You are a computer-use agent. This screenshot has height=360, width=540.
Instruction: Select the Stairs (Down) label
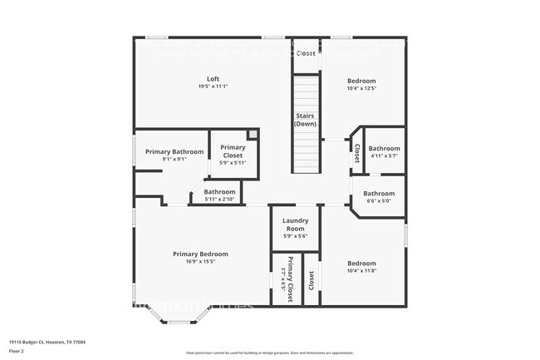pyautogui.click(x=306, y=119)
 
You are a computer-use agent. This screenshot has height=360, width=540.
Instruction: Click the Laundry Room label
pyautogui.click(x=297, y=224)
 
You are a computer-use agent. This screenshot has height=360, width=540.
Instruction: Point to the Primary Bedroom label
pyautogui.click(x=200, y=254)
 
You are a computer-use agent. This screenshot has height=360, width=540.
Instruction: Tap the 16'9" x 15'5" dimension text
pyautogui.click(x=200, y=261)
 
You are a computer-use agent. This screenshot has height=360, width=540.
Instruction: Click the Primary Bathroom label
pyautogui.click(x=174, y=151)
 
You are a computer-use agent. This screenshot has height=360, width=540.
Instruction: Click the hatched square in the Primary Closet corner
pyautogui.click(x=253, y=134)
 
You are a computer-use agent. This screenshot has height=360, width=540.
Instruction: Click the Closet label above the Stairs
pyautogui.click(x=306, y=53)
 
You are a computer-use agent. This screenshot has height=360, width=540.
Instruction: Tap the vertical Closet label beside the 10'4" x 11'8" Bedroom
pyautogui.click(x=312, y=280)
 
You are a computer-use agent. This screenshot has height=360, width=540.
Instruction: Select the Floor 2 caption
pyautogui.click(x=17, y=352)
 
